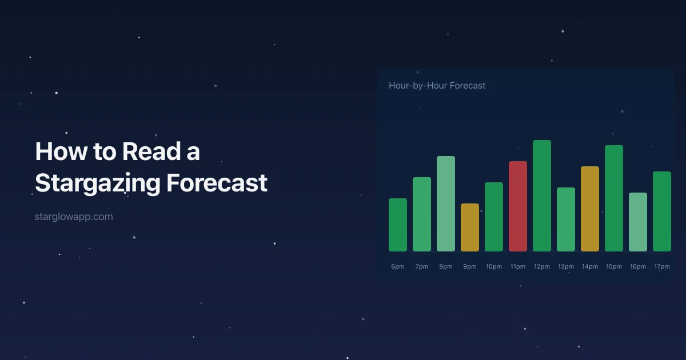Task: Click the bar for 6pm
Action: pos(398,225)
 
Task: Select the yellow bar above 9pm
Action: pos(470,227)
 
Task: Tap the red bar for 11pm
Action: pos(518,206)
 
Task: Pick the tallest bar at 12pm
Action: pos(542,195)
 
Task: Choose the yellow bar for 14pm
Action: pos(590,209)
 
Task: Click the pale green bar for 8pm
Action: pos(446,203)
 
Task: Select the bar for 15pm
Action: pos(614,198)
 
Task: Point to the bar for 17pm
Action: pos(662,211)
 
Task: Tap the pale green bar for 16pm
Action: pos(638,222)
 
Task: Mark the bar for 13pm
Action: pos(566,219)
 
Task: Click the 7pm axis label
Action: pos(422,267)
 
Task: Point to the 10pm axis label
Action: pos(494,267)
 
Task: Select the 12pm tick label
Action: pos(542,267)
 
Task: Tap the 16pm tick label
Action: pos(638,267)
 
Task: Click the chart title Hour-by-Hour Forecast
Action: pos(437,86)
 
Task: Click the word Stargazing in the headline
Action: pos(97,183)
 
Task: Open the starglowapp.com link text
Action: pos(74,217)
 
